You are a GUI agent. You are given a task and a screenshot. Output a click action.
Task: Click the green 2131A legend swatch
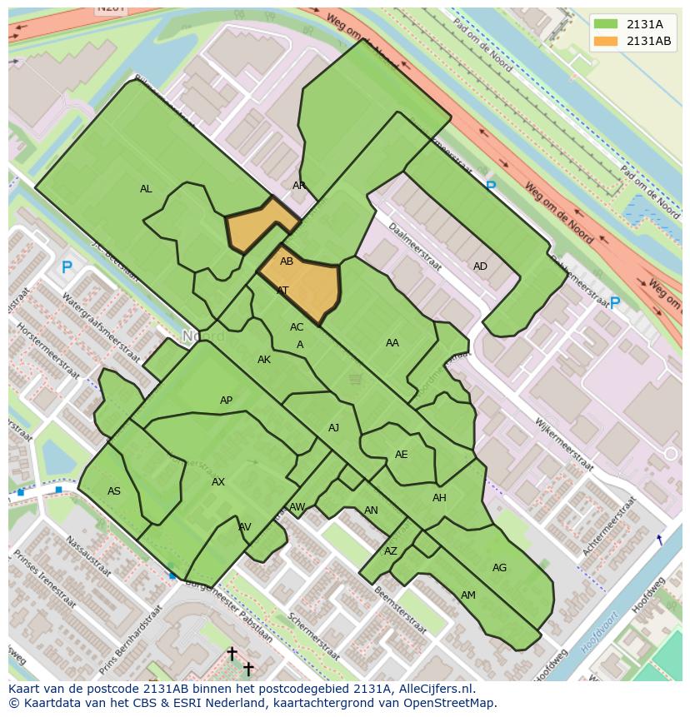tap(607, 24)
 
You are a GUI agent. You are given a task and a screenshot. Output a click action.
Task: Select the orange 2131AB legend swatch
tap(607, 41)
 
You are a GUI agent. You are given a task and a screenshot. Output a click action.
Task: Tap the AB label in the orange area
tap(287, 261)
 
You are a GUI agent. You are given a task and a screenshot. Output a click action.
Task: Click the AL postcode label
tap(146, 189)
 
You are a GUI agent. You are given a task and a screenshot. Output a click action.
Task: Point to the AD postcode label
tap(480, 266)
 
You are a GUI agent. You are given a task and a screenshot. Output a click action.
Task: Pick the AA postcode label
tap(392, 343)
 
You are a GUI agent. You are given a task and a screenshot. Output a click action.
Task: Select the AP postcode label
tap(226, 401)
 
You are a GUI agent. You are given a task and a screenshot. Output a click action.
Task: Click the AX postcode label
tap(218, 482)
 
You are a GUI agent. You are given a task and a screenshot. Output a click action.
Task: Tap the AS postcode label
tap(114, 491)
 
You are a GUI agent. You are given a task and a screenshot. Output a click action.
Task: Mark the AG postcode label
tap(499, 568)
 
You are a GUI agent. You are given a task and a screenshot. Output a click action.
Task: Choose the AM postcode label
tap(468, 595)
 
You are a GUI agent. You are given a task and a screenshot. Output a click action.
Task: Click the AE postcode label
tap(402, 455)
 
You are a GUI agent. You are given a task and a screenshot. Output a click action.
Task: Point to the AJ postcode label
tap(333, 428)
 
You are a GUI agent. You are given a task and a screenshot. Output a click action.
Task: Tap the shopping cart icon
tap(356, 380)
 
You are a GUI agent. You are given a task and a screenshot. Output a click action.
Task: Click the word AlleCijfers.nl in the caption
tap(433, 689)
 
